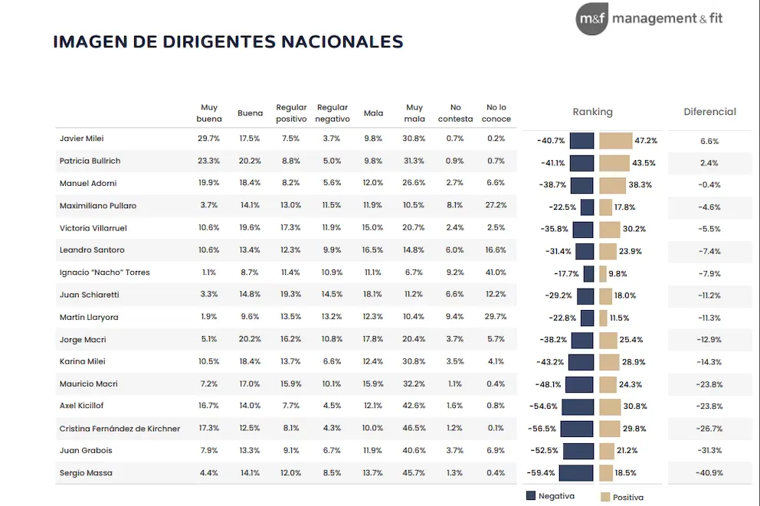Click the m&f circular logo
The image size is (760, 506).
[591, 19]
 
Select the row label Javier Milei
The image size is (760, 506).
[81, 139]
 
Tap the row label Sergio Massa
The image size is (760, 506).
[86, 473]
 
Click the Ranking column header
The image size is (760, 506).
[592, 112]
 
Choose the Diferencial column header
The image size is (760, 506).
[709, 112]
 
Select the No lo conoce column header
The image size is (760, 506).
[496, 113]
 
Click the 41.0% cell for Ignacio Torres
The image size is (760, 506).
[496, 273]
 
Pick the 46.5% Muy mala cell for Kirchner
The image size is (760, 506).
[414, 429]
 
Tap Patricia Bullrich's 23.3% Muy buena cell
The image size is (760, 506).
[208, 162]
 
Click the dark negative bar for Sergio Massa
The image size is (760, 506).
[576, 473]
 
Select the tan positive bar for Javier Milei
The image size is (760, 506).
[615, 141]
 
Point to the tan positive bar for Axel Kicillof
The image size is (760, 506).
[610, 406]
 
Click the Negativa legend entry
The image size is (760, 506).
[550, 496]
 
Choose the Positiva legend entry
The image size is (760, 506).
[622, 497]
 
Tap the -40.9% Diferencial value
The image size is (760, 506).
[709, 473]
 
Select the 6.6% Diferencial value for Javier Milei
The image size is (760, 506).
[709, 142]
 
